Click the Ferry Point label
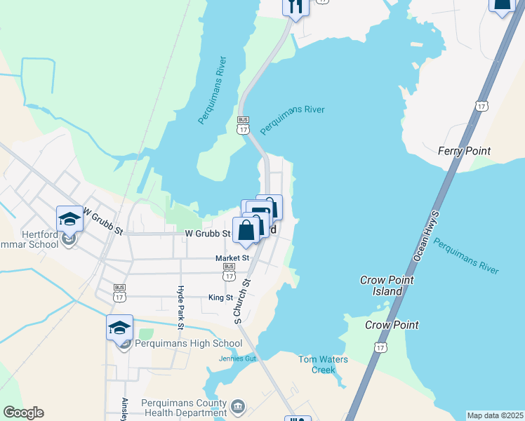coord(463,151)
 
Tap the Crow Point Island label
coord(387,286)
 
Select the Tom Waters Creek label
coord(323,364)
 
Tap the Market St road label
coord(232,258)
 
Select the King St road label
coord(220,298)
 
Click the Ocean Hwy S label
coord(426,235)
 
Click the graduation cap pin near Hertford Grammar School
coord(69,219)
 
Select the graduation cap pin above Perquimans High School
coord(119,327)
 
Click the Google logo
coord(23,413)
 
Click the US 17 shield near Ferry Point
coord(481,106)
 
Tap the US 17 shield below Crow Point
coord(380,347)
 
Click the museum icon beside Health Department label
coord(238,406)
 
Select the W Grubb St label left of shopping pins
coord(208,233)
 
